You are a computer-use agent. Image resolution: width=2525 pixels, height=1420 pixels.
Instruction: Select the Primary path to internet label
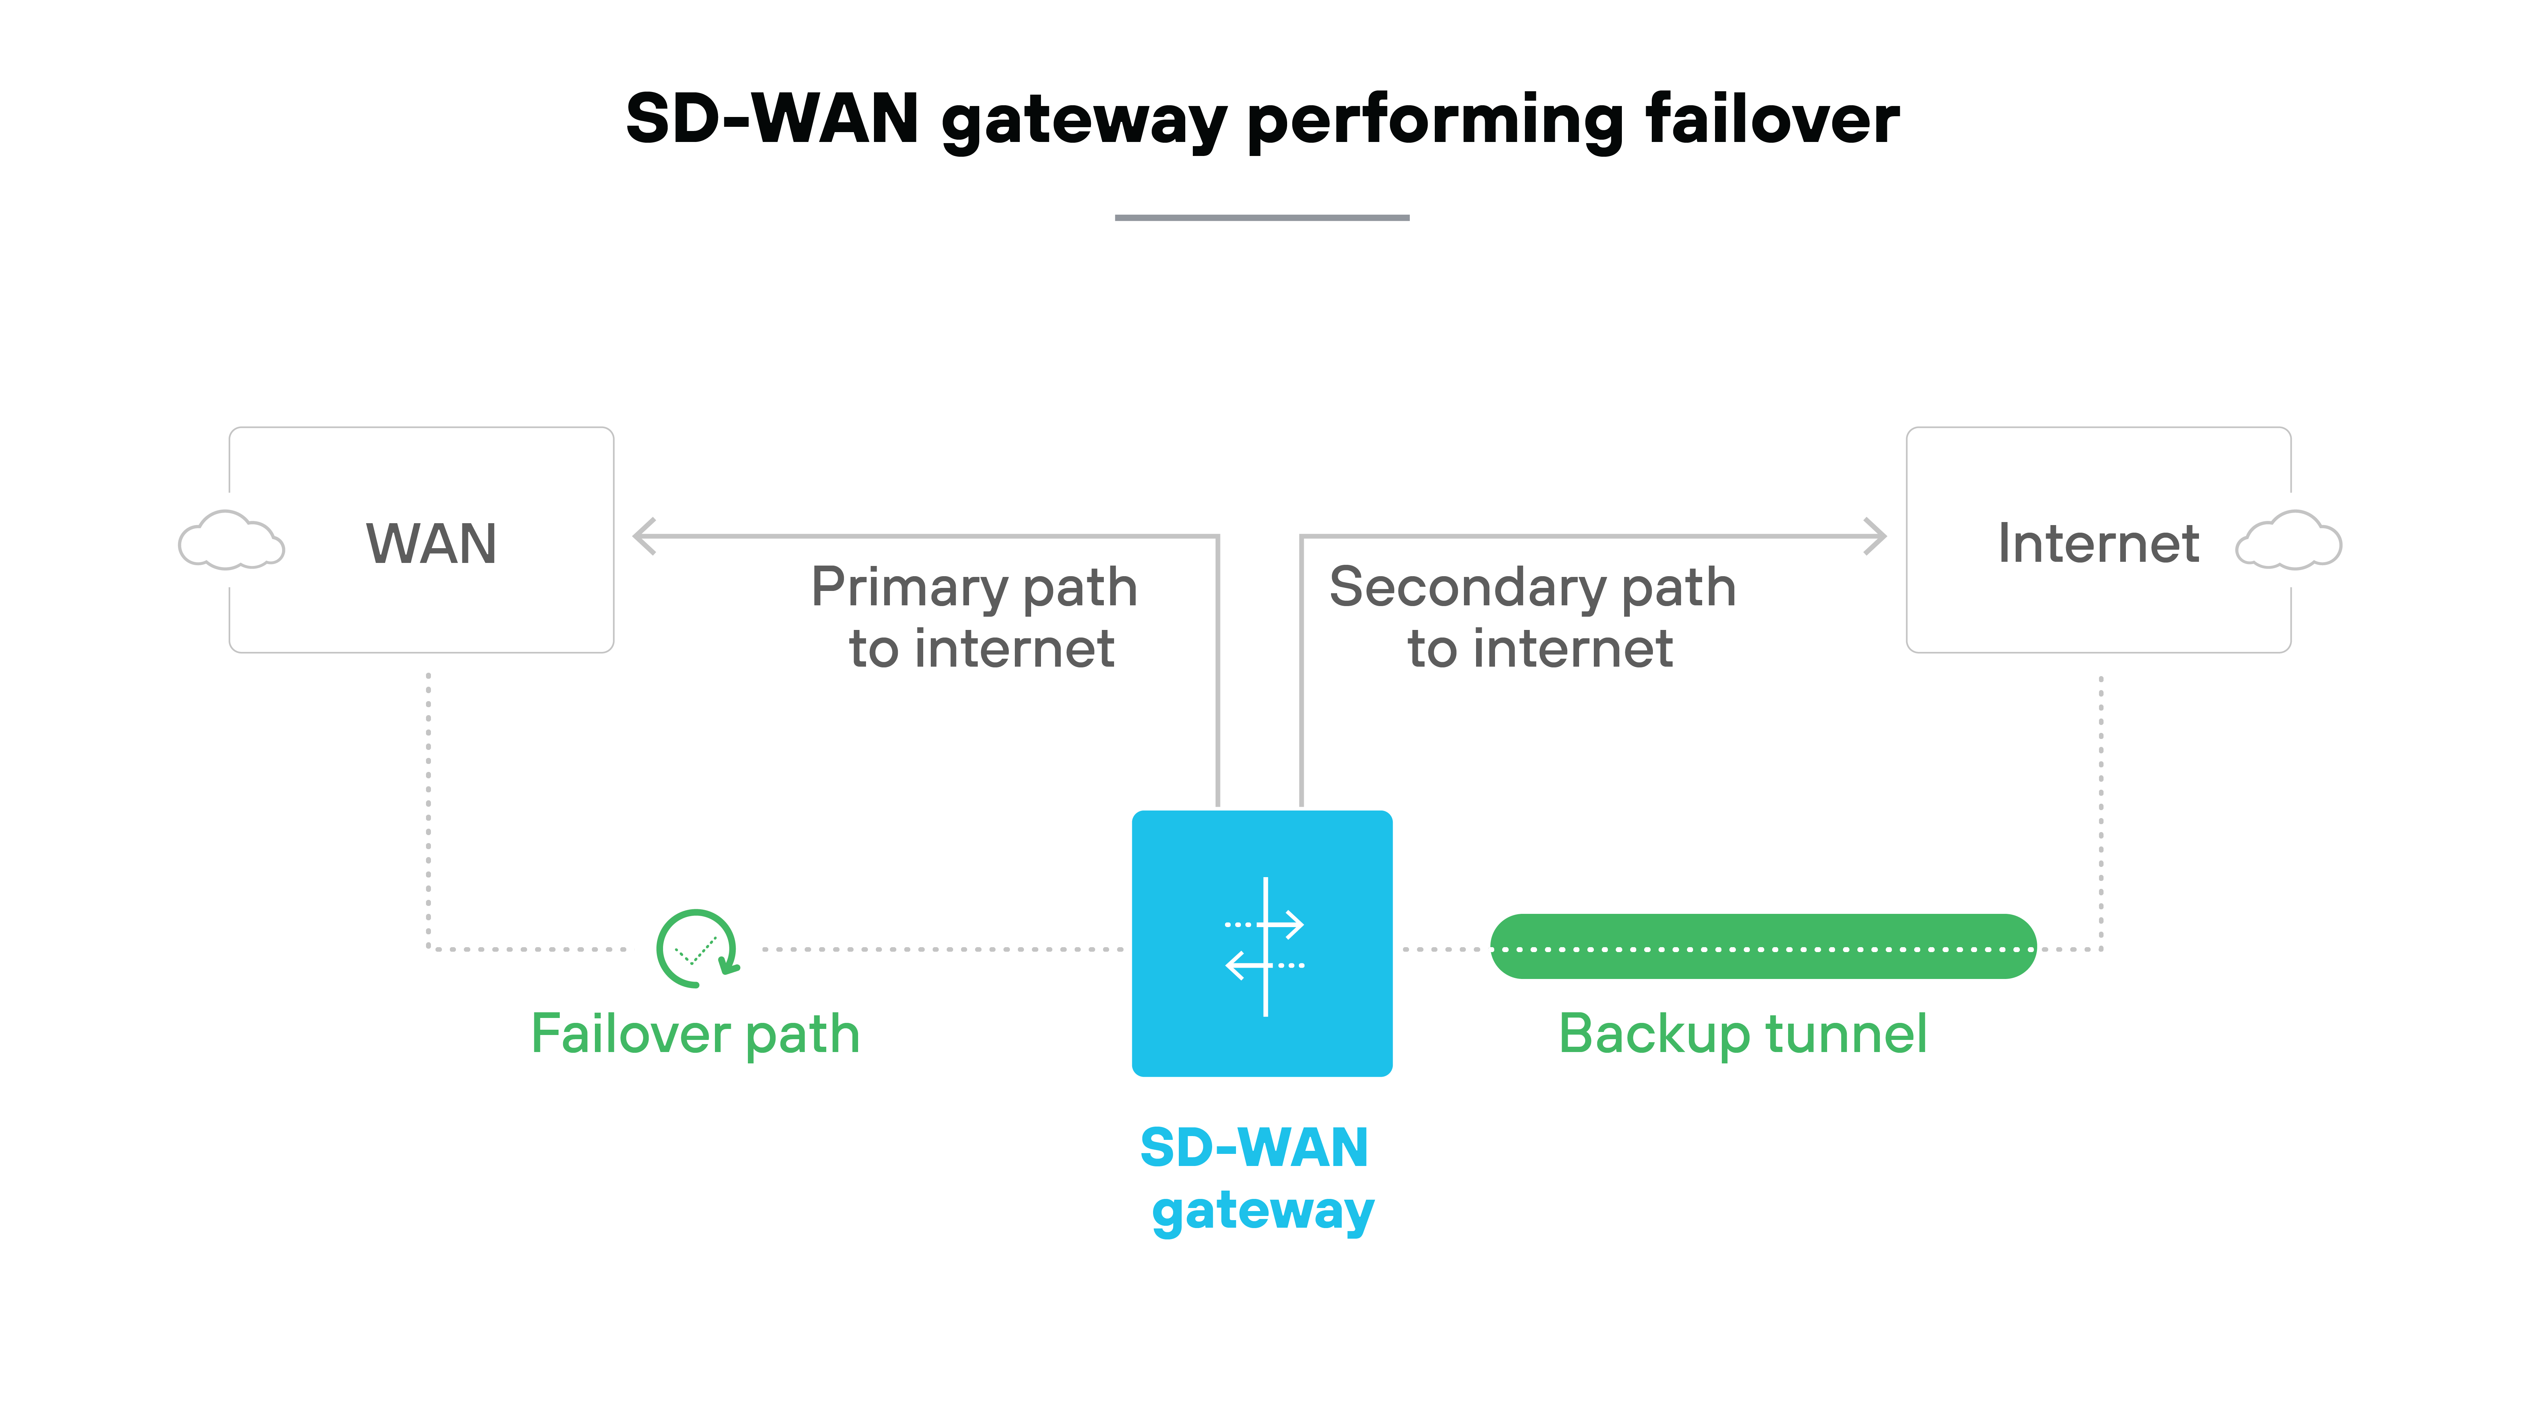coord(975,617)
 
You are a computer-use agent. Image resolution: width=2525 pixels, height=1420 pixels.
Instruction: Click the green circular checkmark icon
coord(696,949)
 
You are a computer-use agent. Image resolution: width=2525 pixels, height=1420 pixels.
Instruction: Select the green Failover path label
coord(695,1034)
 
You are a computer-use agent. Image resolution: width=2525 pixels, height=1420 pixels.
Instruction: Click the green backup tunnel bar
coord(1762,947)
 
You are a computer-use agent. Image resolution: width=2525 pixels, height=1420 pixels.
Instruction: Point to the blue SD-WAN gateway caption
coord(1258,1179)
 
